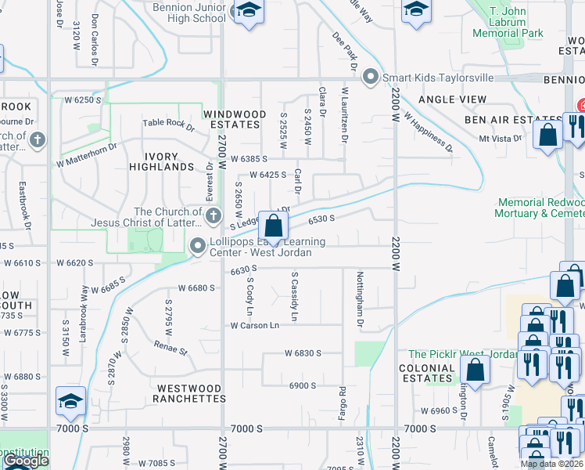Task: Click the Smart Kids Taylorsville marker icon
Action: (371, 78)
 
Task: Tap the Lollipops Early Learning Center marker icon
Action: (197, 247)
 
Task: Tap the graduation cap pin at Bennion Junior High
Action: (249, 11)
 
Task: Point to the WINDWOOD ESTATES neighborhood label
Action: (231, 119)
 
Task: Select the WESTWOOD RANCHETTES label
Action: (191, 393)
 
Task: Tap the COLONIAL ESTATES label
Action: (427, 373)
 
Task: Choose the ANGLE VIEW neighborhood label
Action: (452, 100)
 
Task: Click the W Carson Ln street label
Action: (254, 325)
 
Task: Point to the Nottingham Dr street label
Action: (360, 298)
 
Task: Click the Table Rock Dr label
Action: (168, 124)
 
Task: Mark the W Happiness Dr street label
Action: (428, 129)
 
